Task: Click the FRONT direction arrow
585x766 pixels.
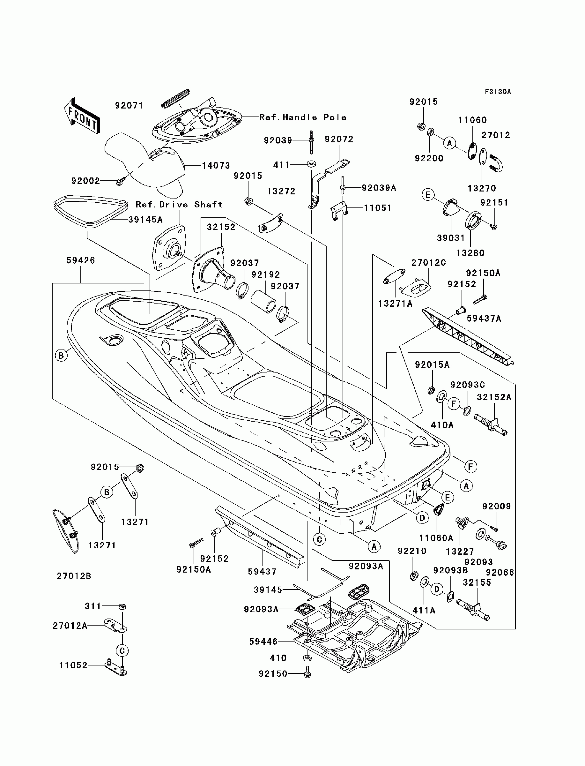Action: [82, 115]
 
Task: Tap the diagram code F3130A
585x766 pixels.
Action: [498, 92]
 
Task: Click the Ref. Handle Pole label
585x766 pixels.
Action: [303, 117]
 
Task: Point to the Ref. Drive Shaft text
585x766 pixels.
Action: [179, 205]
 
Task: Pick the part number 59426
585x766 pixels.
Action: [80, 260]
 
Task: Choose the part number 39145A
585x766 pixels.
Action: [145, 220]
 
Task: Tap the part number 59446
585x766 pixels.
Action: [263, 642]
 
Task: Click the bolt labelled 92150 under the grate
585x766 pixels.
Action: [307, 672]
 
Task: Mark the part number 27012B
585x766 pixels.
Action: [74, 576]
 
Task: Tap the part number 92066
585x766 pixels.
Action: [500, 572]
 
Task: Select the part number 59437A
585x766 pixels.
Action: [484, 319]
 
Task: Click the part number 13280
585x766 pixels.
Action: [470, 253]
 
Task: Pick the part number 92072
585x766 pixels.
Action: [339, 139]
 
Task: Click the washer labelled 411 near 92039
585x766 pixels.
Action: [311, 163]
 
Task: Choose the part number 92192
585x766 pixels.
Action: [265, 274]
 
